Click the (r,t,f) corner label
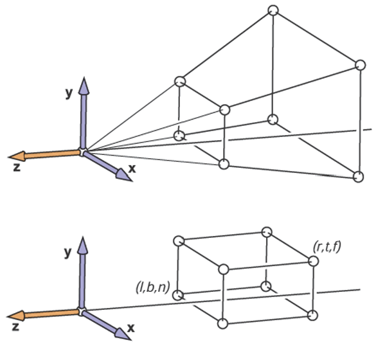327,247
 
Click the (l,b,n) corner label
153,287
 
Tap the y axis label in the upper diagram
69,93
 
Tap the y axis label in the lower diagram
68,252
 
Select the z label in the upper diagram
17,167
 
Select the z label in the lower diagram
15,327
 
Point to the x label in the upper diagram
132,169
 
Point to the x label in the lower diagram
131,328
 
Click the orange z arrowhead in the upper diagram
17,156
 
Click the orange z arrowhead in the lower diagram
16,316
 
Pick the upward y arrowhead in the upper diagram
84,86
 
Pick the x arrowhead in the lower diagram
123,334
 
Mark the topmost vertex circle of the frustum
273,10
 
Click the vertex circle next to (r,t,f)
313,261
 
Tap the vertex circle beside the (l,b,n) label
177,295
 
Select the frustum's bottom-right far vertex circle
358,177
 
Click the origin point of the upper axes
83,152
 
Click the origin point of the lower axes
82,312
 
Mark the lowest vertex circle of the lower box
222,323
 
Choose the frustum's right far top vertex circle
360,65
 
